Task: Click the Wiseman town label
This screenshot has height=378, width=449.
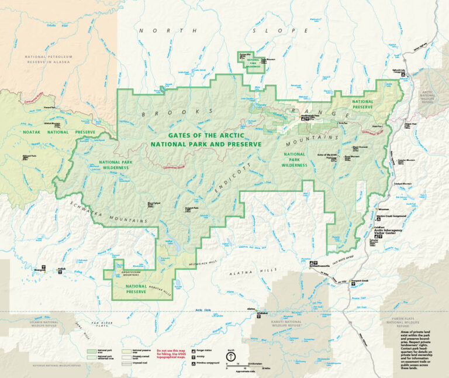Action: (384, 209)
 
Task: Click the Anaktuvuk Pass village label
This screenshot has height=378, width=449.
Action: (310, 115)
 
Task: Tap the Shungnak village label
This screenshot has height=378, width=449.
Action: (40, 270)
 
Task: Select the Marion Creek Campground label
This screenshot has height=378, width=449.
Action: (392, 216)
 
